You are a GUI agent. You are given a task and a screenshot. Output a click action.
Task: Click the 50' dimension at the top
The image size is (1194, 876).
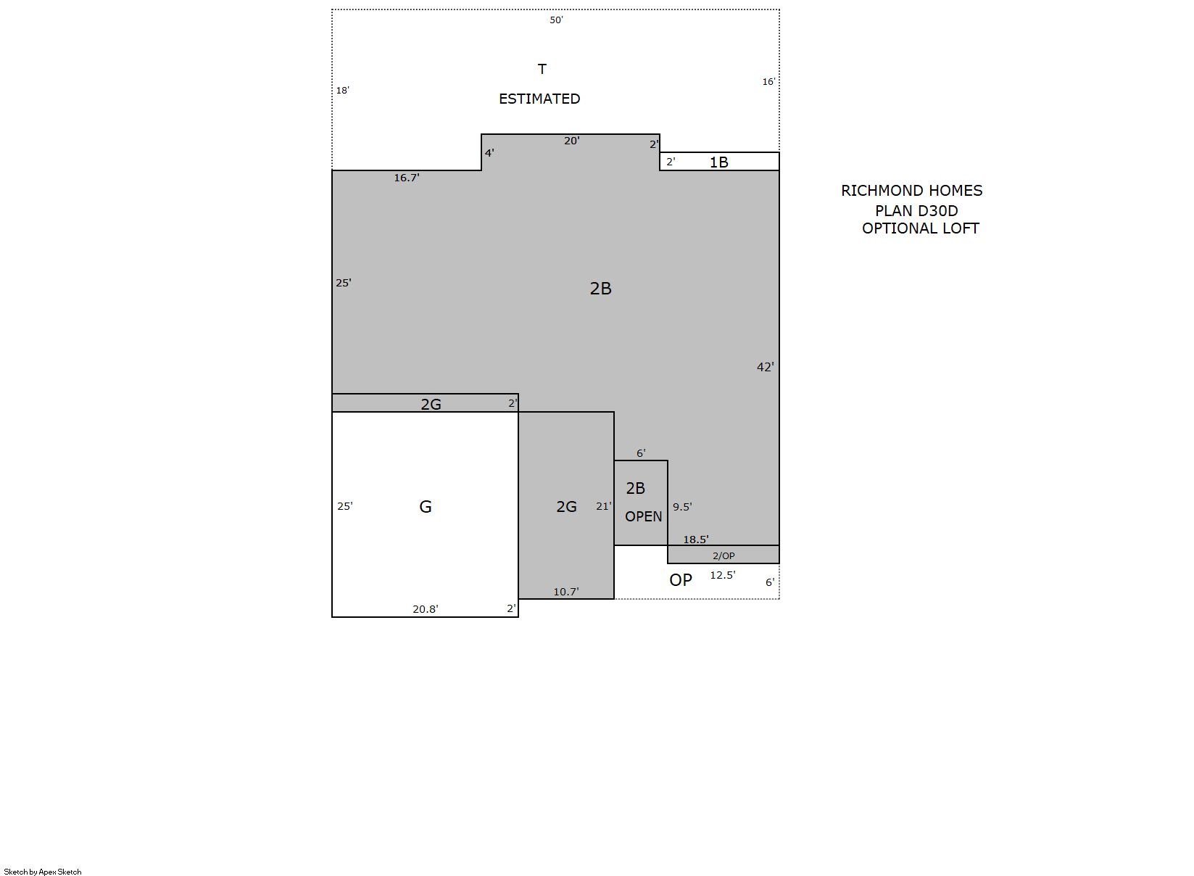(x=556, y=20)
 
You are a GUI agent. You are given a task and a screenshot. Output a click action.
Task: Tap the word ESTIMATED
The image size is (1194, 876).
(x=539, y=99)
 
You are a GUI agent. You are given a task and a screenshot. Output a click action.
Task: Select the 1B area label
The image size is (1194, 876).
(x=718, y=162)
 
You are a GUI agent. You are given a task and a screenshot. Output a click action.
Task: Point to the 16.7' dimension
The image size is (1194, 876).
(x=407, y=178)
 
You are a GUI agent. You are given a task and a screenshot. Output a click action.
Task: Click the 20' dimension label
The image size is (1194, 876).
(x=572, y=141)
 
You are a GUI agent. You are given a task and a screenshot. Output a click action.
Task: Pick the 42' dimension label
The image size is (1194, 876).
(x=766, y=367)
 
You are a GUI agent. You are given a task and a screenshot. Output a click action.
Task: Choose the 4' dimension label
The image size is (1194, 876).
(x=489, y=153)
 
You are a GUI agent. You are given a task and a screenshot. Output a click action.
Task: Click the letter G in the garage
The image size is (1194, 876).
(x=426, y=506)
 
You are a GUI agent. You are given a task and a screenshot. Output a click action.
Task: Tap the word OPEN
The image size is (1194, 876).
(x=643, y=516)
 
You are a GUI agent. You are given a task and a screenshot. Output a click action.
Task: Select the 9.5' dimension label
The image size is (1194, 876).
(x=682, y=506)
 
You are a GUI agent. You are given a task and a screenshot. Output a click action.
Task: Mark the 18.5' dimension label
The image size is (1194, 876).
(x=696, y=540)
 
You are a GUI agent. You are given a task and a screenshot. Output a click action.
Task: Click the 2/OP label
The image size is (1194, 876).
(x=724, y=555)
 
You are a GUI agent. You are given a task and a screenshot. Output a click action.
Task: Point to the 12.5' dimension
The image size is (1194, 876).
(x=723, y=575)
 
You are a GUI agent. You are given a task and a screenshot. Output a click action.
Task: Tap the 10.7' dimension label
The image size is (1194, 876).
(x=566, y=591)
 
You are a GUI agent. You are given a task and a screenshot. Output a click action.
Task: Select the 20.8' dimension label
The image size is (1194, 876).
(x=426, y=609)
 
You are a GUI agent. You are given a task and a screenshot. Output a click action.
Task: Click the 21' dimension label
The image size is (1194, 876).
(x=604, y=506)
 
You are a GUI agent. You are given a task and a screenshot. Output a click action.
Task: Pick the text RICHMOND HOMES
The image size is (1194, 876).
(x=911, y=190)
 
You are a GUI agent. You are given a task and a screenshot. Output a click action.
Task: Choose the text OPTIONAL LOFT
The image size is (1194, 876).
(x=921, y=228)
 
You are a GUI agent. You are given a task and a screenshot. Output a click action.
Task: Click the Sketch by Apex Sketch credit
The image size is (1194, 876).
(x=43, y=872)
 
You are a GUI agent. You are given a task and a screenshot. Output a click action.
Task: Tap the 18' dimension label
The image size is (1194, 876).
(x=343, y=91)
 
